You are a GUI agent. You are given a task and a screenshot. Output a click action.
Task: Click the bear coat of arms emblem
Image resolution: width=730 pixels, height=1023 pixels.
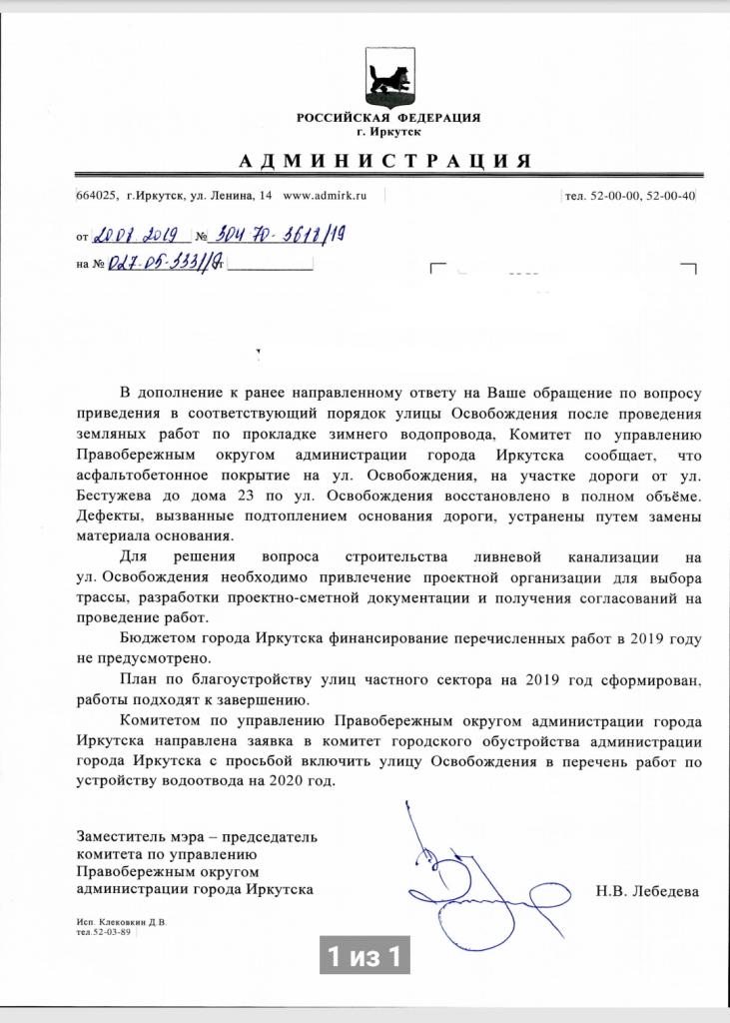click(x=387, y=79)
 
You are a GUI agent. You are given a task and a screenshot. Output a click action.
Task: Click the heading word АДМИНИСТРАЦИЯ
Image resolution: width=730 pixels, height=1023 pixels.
click(x=384, y=161)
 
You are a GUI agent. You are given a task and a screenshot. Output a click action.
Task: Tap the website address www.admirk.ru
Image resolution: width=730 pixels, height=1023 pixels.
click(x=326, y=196)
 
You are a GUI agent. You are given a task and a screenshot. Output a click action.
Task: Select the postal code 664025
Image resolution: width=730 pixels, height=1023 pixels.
click(x=97, y=196)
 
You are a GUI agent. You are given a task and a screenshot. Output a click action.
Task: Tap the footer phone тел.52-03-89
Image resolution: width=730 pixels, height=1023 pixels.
click(x=107, y=931)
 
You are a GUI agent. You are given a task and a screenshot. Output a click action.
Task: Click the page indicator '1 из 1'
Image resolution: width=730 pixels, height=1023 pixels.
click(x=365, y=957)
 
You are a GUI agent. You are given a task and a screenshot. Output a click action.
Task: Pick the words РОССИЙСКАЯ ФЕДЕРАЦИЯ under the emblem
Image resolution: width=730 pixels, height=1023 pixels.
click(x=387, y=118)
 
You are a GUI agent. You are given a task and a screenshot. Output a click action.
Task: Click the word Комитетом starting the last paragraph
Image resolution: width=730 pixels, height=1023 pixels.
click(x=165, y=721)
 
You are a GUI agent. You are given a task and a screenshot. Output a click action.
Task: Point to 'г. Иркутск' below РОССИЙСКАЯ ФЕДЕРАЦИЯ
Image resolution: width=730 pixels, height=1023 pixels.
click(x=387, y=131)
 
